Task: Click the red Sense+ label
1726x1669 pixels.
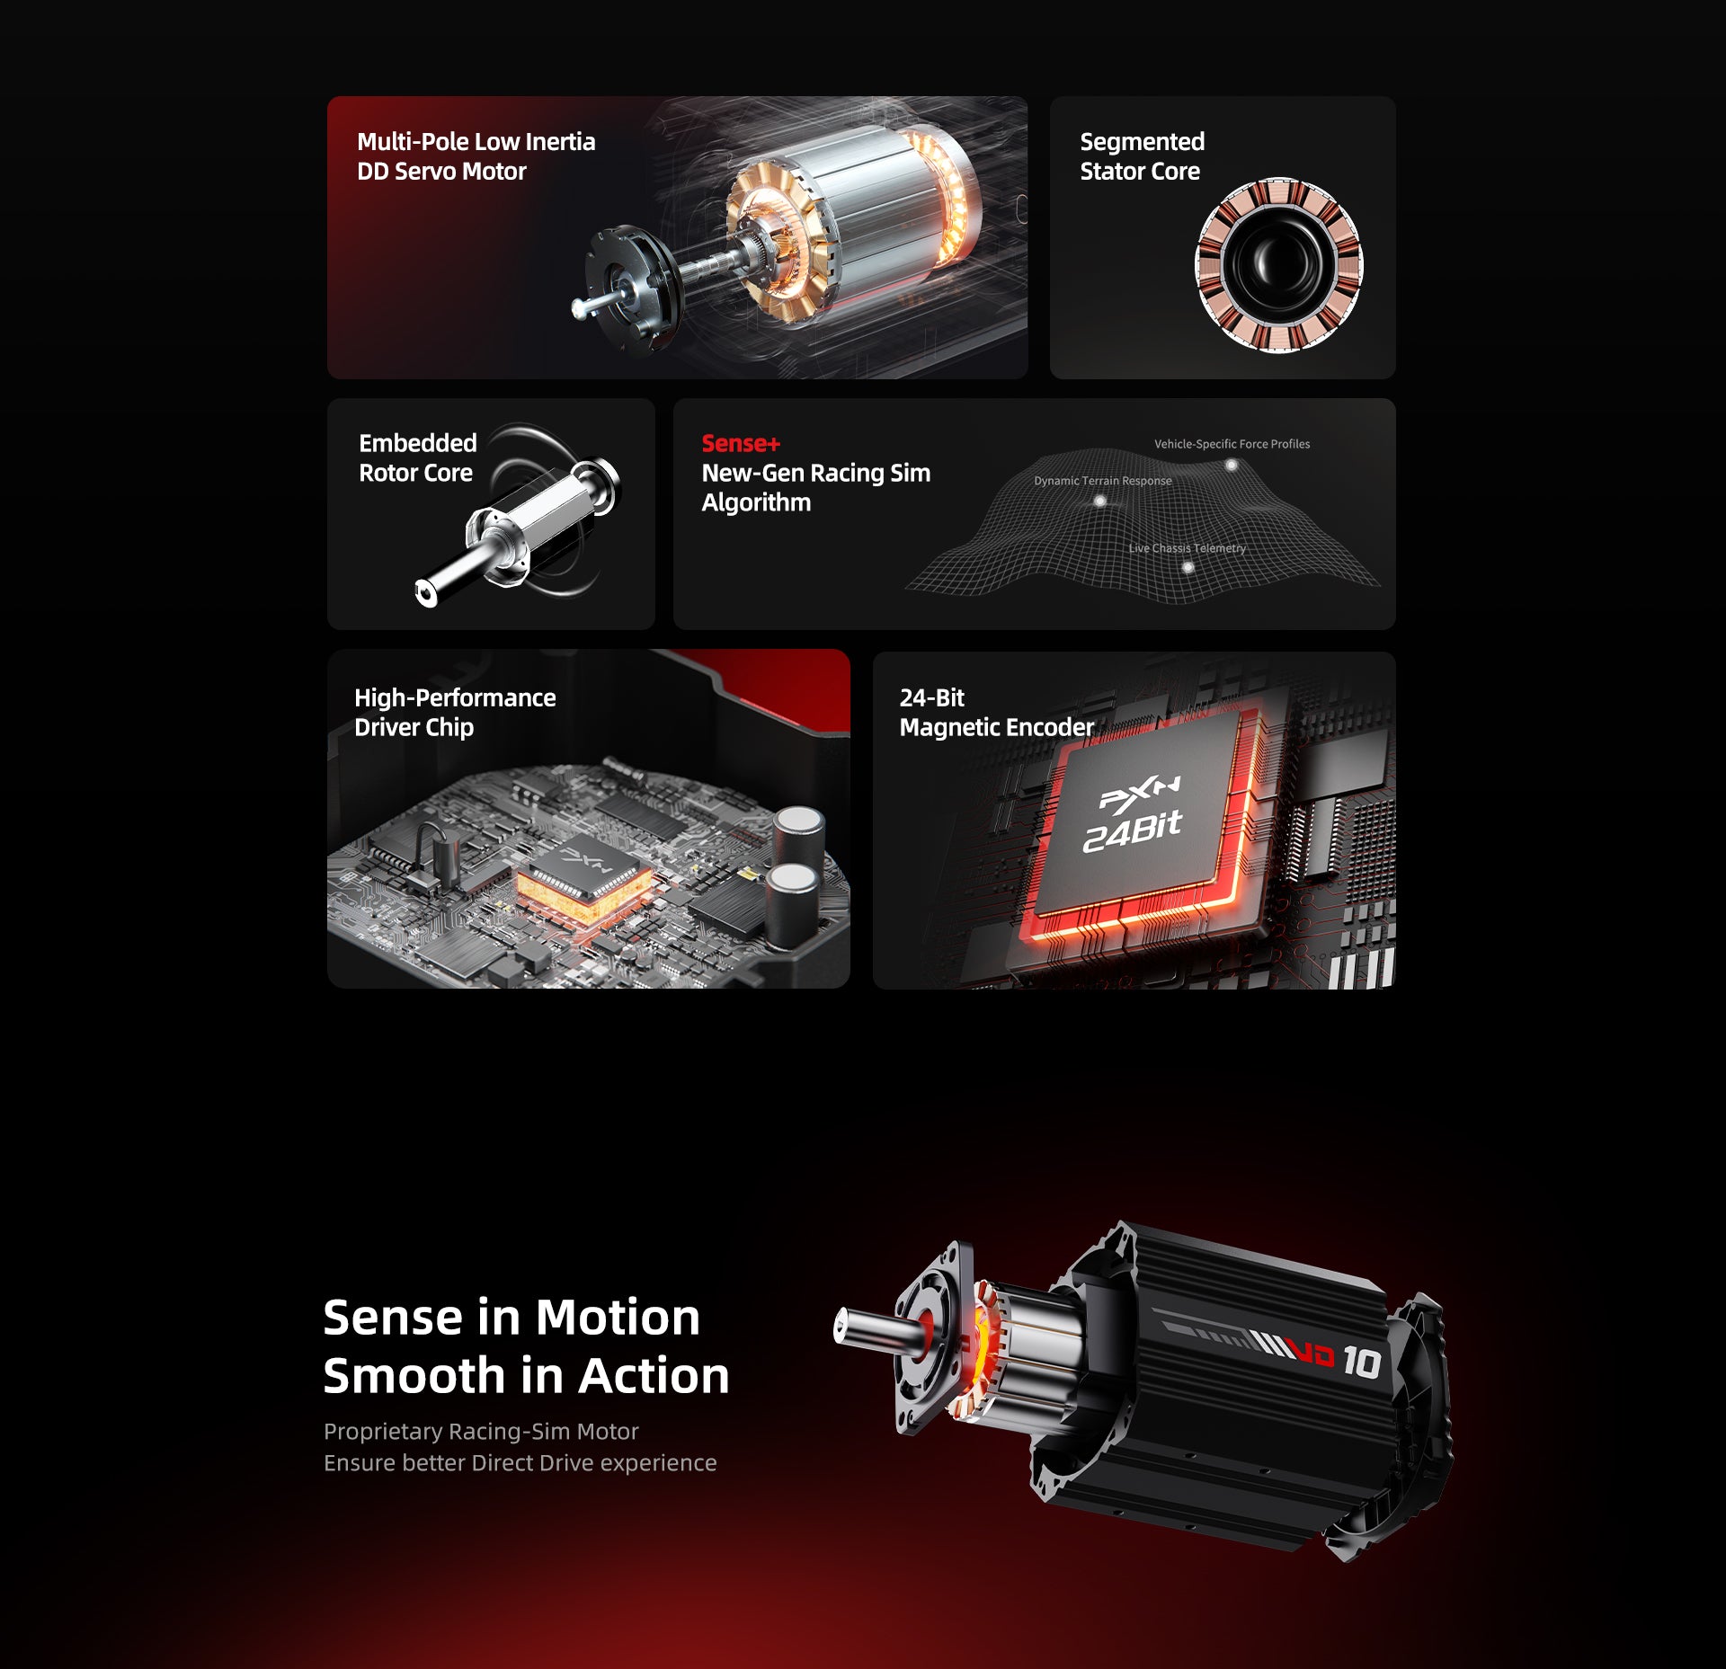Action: coord(741,443)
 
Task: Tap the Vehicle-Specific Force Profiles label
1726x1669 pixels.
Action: coord(1232,444)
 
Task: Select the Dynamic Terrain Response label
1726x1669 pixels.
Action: coord(1102,481)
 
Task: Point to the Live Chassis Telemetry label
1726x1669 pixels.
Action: coord(1187,548)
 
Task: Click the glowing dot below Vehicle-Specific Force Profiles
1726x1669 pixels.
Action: coord(1232,466)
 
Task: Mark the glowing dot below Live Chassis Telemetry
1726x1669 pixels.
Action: coord(1188,568)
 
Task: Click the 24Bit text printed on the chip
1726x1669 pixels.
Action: coord(1132,830)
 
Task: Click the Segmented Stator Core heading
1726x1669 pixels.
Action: coord(1142,156)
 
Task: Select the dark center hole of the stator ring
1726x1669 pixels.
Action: coord(1277,265)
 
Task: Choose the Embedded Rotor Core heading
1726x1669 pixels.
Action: coord(417,457)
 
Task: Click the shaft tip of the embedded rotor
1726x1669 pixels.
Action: coord(425,593)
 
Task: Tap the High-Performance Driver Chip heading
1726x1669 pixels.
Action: coord(455,712)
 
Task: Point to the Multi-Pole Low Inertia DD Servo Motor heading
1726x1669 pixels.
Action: coord(476,156)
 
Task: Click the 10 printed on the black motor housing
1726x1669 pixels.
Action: coord(1361,1363)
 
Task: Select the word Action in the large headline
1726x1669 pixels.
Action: coord(654,1376)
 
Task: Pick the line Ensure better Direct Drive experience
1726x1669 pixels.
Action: coord(520,1463)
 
